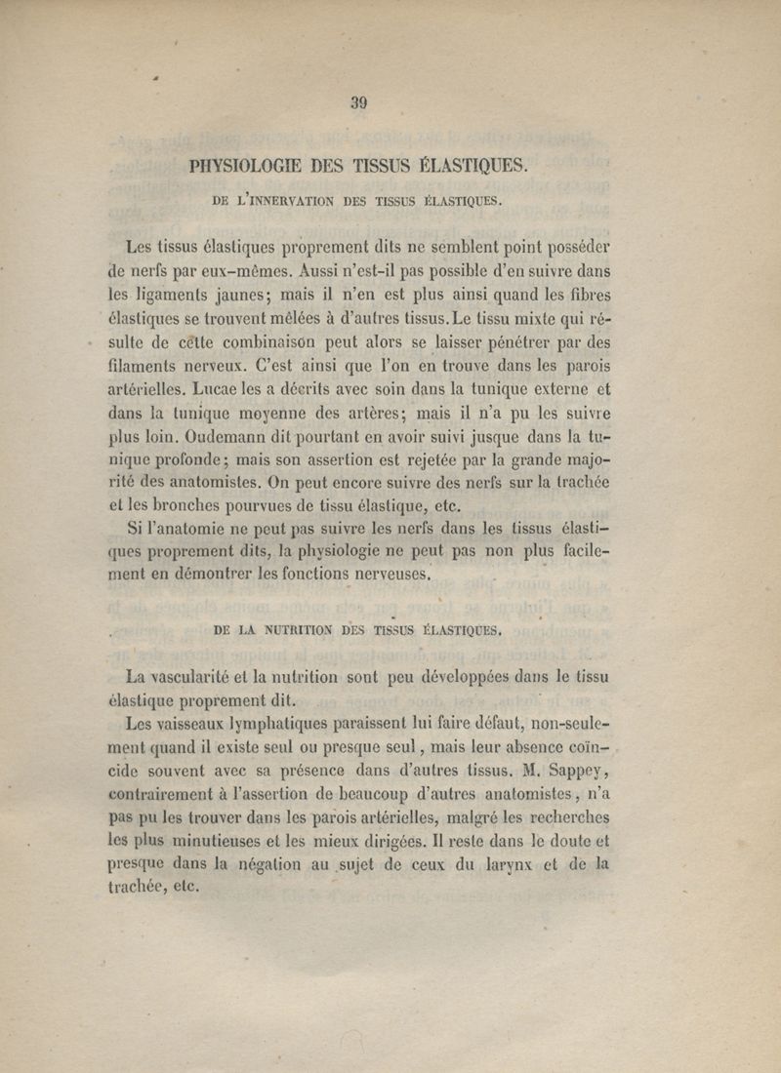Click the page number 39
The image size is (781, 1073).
357,100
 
